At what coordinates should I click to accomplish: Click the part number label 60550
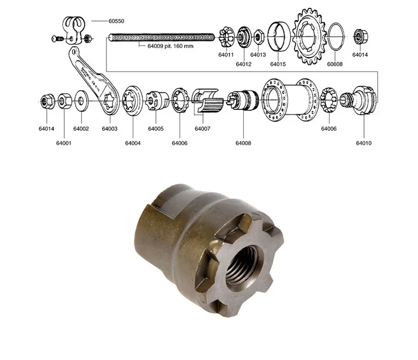117,21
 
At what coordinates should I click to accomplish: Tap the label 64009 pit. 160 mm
171,46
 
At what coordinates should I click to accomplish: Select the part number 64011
226,55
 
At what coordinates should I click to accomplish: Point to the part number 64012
243,64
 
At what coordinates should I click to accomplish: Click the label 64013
258,55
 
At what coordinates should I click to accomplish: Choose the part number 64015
278,64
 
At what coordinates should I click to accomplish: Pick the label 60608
335,64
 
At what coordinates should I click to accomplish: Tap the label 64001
64,143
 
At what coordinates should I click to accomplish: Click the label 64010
363,143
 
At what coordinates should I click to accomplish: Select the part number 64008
243,143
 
